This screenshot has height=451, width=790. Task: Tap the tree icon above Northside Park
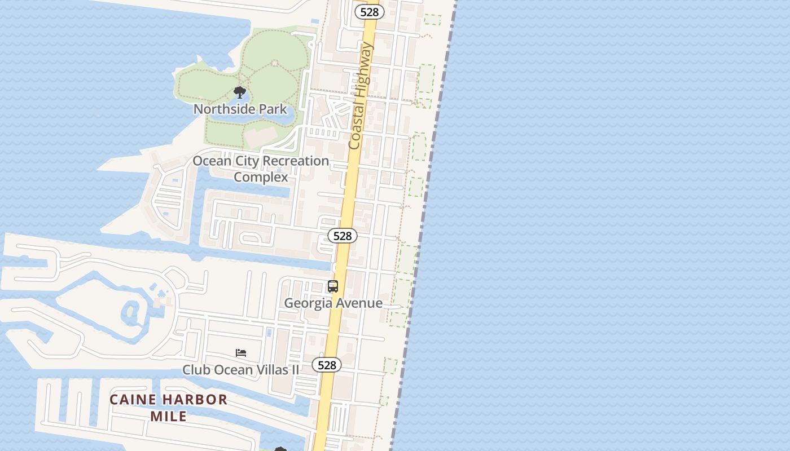pos(240,92)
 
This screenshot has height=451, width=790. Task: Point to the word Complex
pos(261,177)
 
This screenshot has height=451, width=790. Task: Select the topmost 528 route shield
pos(370,12)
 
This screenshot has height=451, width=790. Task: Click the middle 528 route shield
pos(343,236)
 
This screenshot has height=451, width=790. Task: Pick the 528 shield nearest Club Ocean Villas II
pos(327,365)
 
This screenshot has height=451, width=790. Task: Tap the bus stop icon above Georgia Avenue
pos(333,286)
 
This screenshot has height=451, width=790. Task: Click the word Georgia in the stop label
pos(308,303)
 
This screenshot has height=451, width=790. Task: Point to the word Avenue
pos(359,303)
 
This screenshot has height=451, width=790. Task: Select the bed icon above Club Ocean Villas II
pos(241,353)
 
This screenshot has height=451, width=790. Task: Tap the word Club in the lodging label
pos(195,370)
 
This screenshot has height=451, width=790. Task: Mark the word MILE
pos(168,417)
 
